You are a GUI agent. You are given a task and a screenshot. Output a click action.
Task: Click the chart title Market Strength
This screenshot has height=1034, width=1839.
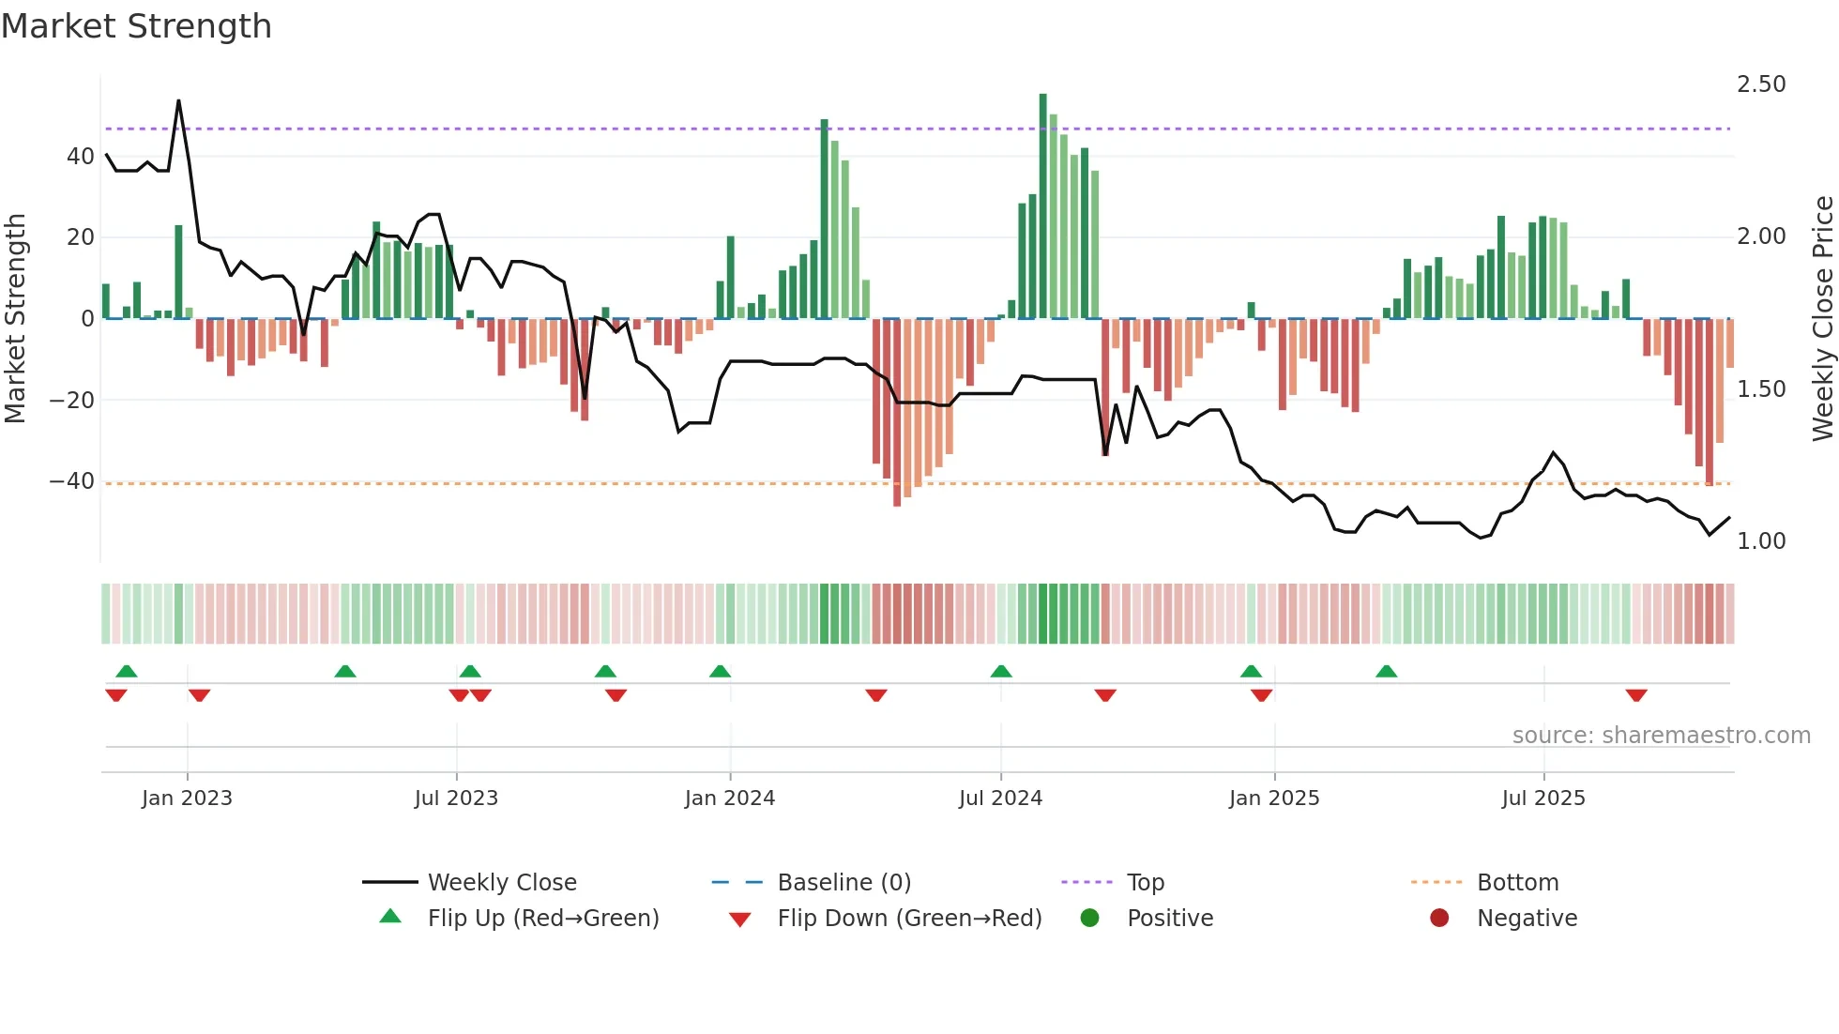click(x=136, y=26)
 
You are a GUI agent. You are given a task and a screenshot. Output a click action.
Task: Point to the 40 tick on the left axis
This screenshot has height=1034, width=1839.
click(x=81, y=157)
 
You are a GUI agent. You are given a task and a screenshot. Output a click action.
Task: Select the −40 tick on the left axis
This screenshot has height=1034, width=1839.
click(x=72, y=481)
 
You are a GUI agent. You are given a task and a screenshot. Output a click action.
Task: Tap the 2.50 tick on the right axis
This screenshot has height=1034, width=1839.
click(x=1761, y=84)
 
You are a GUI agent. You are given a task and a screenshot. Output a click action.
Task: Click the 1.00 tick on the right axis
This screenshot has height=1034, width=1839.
click(x=1761, y=541)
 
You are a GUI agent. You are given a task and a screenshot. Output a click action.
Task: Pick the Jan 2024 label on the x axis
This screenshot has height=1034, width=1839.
click(x=730, y=798)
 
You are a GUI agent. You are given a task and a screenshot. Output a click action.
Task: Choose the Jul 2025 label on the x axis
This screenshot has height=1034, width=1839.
click(x=1543, y=798)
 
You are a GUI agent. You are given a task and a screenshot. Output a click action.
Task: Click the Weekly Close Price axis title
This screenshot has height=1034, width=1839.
click(x=1822, y=319)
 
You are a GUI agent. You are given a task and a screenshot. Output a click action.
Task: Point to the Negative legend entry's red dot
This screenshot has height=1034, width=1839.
click(x=1439, y=918)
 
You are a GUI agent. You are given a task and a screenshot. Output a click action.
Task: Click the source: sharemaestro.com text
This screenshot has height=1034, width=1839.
click(x=1661, y=736)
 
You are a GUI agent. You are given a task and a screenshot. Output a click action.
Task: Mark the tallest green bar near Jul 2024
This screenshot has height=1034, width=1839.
click(x=1043, y=206)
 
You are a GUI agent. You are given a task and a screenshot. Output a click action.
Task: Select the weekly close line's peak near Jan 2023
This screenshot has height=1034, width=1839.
click(x=178, y=101)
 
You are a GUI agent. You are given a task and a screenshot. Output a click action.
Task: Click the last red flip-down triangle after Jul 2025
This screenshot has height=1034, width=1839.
click(x=1636, y=695)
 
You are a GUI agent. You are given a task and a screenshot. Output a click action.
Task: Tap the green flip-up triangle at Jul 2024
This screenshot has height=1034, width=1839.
click(x=1001, y=672)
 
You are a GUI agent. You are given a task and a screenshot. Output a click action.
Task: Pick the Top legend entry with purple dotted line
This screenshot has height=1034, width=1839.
click(x=1145, y=883)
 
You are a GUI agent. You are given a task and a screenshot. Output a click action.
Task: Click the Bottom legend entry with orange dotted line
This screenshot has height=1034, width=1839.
click(x=1516, y=883)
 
